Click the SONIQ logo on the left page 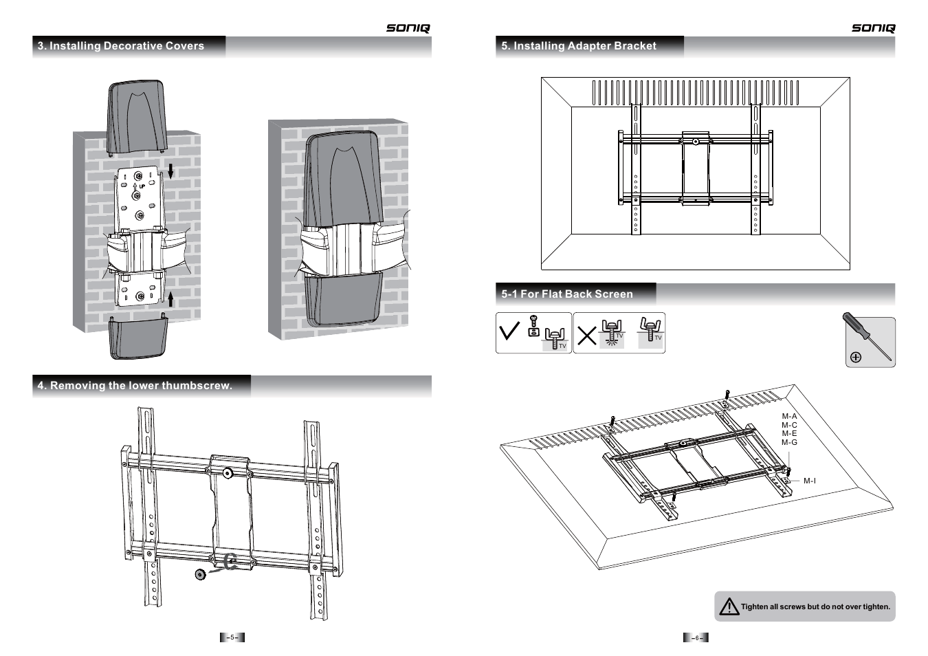pyautogui.click(x=408, y=28)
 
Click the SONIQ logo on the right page pyautogui.click(x=873, y=28)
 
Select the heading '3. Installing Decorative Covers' pyautogui.click(x=121, y=46)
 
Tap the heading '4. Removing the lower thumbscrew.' pyautogui.click(x=135, y=386)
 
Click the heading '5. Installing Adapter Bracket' pyautogui.click(x=579, y=46)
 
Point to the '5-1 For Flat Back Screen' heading pyautogui.click(x=567, y=294)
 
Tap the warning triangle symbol pyautogui.click(x=729, y=606)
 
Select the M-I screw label pyautogui.click(x=810, y=481)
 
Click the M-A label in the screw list pyautogui.click(x=789, y=416)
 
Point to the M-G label pyautogui.click(x=789, y=442)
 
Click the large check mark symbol pyautogui.click(x=509, y=332)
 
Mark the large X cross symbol pyautogui.click(x=587, y=336)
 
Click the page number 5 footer pyautogui.click(x=232, y=637)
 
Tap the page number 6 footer pyautogui.click(x=696, y=637)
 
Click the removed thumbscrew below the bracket pyautogui.click(x=200, y=574)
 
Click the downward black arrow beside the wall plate pyautogui.click(x=171, y=171)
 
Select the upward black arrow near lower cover pyautogui.click(x=171, y=299)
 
